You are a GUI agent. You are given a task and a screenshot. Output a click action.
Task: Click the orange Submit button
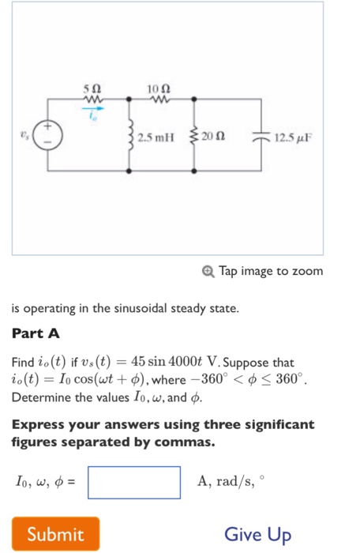pyautogui.click(x=55, y=535)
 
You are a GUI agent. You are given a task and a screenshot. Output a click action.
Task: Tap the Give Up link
pyautogui.click(x=257, y=535)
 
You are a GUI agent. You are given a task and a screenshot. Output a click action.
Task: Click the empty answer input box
pyautogui.click(x=134, y=482)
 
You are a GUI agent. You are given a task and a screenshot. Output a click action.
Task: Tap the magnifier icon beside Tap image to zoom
pyautogui.click(x=208, y=271)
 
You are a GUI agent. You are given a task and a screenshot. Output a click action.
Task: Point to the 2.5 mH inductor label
pyautogui.click(x=158, y=139)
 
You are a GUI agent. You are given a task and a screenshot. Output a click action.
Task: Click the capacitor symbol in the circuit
pyautogui.click(x=261, y=139)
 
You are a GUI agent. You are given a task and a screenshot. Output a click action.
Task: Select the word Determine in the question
pyautogui.click(x=39, y=397)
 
